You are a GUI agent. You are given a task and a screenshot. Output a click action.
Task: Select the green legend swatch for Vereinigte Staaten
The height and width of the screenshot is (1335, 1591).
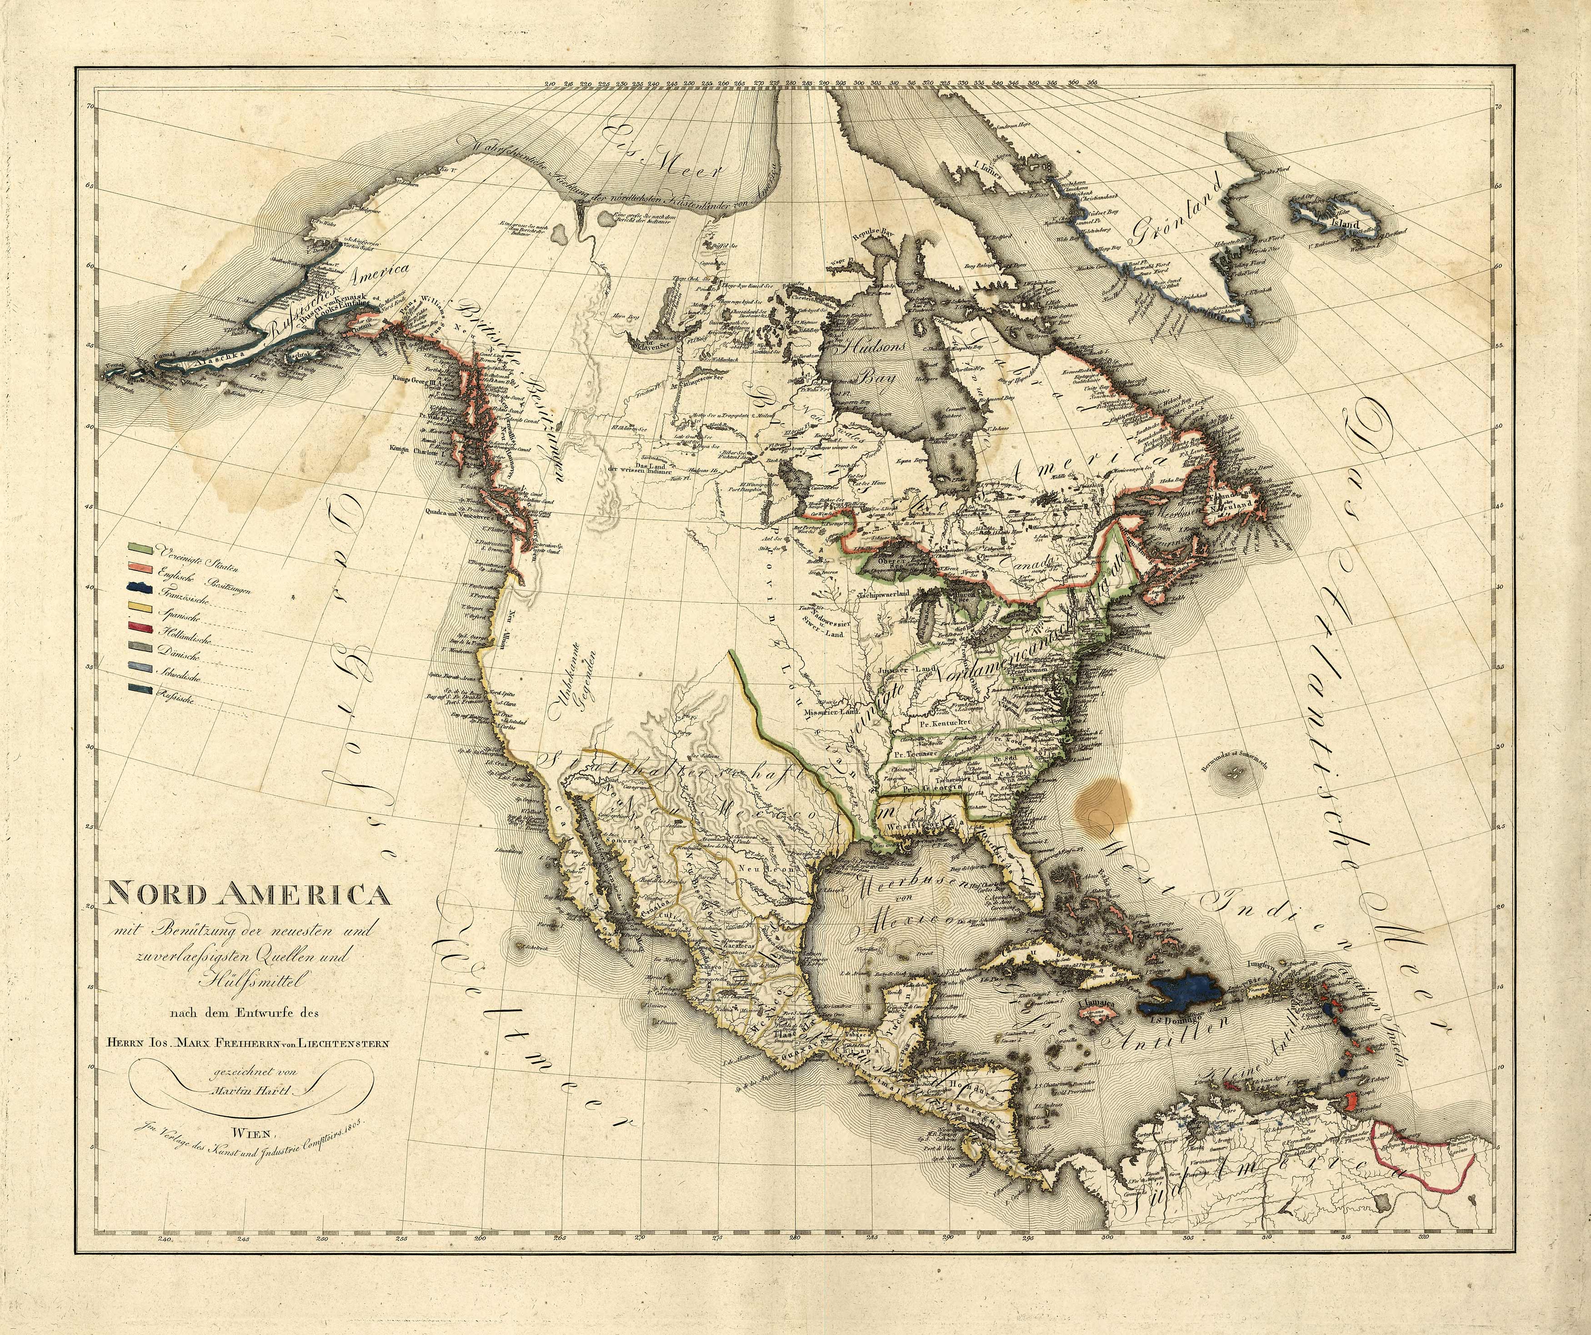pyautogui.click(x=140, y=546)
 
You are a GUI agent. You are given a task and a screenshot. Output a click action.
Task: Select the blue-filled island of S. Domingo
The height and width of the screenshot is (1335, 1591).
pyautogui.click(x=1182, y=995)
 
